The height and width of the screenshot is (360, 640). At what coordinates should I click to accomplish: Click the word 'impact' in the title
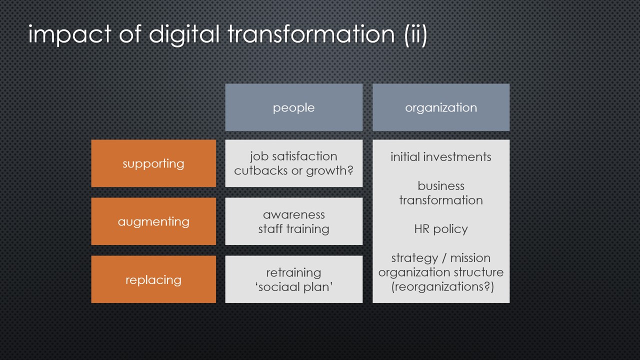click(69, 34)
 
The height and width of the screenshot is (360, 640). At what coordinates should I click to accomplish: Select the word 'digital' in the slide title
click(184, 34)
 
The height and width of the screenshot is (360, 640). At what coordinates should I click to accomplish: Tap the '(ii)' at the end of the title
click(415, 35)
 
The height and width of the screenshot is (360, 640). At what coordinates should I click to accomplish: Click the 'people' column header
click(293, 107)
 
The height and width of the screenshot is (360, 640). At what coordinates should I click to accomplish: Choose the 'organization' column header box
click(441, 107)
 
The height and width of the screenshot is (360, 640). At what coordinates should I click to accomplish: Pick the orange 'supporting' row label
click(153, 163)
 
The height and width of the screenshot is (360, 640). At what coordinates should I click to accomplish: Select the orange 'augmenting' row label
click(153, 221)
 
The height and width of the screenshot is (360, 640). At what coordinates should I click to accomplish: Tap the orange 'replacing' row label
click(153, 279)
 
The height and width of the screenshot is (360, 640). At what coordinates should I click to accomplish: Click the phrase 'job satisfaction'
click(293, 156)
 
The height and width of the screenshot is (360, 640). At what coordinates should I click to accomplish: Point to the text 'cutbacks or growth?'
click(293, 171)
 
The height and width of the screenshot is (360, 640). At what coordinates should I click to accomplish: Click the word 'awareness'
click(293, 214)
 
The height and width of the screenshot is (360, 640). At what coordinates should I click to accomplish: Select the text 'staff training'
click(293, 229)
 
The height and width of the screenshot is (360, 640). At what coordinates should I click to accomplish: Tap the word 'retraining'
click(293, 273)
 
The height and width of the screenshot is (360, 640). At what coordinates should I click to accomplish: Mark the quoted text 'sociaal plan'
click(294, 287)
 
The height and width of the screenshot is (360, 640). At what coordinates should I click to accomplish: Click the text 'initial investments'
click(441, 157)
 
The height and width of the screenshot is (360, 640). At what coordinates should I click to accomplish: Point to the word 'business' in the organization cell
click(441, 186)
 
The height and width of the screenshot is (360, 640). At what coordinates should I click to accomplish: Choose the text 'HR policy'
click(441, 229)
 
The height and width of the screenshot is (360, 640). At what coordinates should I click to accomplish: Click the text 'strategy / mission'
click(441, 258)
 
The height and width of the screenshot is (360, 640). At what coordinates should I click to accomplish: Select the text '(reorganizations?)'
click(442, 286)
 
